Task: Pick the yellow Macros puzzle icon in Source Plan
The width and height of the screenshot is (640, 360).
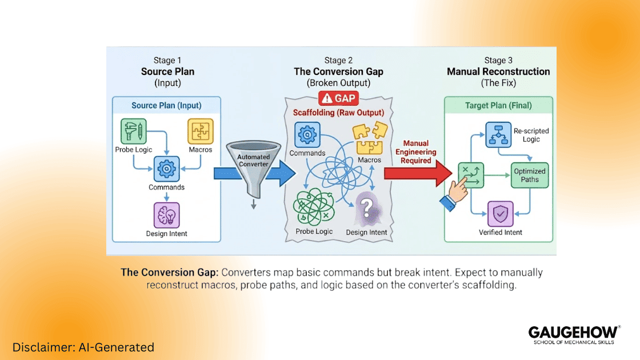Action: point(201,131)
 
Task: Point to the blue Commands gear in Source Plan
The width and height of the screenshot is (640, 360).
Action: point(167,169)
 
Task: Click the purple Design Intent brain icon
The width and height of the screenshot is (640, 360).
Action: point(166,215)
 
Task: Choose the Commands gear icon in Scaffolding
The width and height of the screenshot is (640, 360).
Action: point(307,135)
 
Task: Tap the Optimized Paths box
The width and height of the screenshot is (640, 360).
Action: point(530,175)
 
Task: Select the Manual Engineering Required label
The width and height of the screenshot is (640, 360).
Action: point(415,152)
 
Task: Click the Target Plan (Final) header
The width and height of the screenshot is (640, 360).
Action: point(498,105)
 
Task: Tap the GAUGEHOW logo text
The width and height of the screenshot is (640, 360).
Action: point(573,332)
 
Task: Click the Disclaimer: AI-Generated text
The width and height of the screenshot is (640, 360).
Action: point(83,347)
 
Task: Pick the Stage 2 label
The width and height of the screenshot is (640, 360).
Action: point(338,61)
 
